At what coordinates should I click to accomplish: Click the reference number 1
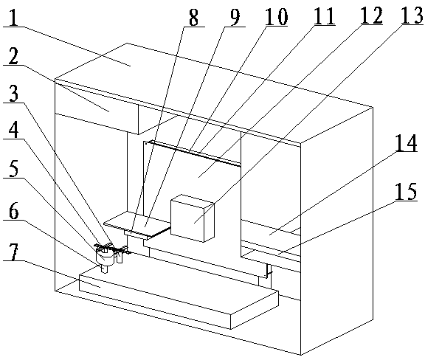[x=13, y=16]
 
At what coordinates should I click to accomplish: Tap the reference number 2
[x=13, y=55]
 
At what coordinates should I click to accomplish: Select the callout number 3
[x=13, y=93]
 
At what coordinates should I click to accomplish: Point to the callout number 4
[x=13, y=129]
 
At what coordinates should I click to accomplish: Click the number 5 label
[x=13, y=167]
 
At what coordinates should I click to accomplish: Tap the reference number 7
[x=13, y=251]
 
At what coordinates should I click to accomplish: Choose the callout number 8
[x=193, y=17]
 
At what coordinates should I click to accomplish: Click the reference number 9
[x=235, y=16]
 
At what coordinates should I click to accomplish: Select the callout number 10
[x=276, y=16]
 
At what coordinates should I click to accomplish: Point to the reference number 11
[x=324, y=16]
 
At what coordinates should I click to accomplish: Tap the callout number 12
[x=371, y=15]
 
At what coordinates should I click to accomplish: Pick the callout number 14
[x=406, y=144]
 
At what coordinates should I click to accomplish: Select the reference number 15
[x=406, y=191]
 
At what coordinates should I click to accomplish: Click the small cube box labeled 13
[x=193, y=218]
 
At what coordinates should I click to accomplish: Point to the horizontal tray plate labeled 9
[x=138, y=224]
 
